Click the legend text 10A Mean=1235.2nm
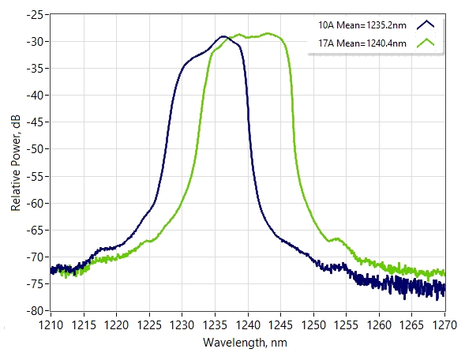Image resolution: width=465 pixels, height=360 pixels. coord(362,25)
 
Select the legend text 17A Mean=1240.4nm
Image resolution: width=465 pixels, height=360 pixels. coord(362,43)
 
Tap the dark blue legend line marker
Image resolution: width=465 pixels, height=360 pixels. coord(426,25)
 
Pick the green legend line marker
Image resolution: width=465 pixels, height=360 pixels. coord(426,43)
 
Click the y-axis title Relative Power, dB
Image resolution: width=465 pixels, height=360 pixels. coord(16,163)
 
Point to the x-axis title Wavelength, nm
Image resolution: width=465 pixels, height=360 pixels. coord(245,343)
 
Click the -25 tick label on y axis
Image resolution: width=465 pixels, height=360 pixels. coord(35,14)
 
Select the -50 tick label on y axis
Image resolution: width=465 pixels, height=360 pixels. coord(35,149)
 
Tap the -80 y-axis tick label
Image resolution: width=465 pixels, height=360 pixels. coord(35,311)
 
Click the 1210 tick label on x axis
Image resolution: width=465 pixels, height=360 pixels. coord(51,325)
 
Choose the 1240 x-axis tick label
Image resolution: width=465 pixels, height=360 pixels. coord(248,325)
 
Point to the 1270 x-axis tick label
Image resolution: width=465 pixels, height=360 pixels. coord(444,325)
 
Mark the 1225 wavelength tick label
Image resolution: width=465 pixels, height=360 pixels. coord(149,325)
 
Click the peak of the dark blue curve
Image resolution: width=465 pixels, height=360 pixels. coord(223,36)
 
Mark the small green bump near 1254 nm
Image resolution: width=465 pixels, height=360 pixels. coord(337,238)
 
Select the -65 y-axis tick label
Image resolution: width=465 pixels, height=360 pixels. coord(35,230)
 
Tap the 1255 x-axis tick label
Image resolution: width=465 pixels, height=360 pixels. coord(346,325)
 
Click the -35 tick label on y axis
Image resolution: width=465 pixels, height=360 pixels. coord(35,68)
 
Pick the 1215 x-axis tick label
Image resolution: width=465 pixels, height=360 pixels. coord(84,325)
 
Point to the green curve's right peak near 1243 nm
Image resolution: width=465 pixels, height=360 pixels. coord(268,33)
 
